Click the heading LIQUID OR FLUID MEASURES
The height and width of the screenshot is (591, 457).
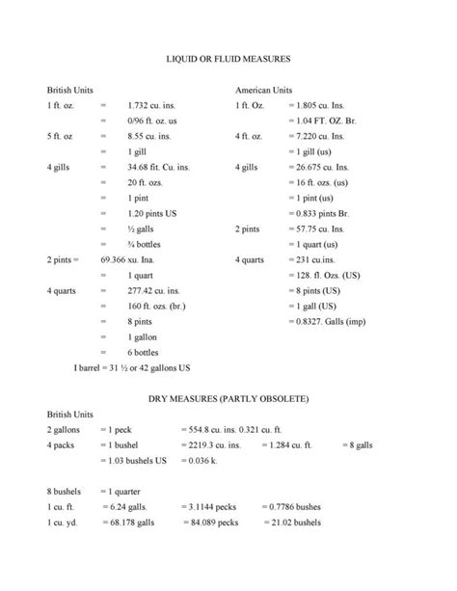click(228, 60)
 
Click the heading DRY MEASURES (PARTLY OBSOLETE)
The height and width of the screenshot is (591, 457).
click(228, 398)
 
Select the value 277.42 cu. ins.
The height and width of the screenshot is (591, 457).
click(154, 290)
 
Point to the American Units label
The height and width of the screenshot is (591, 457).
click(264, 89)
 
